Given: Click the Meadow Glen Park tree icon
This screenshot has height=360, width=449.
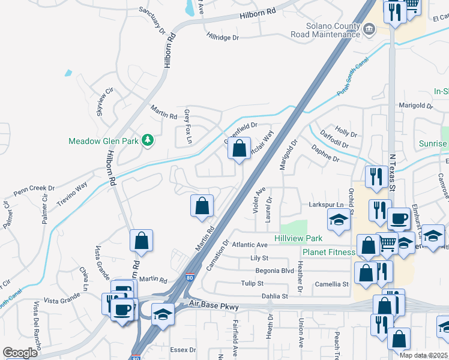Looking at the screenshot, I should [x=147, y=141].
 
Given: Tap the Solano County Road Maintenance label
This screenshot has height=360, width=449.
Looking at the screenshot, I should [x=324, y=31].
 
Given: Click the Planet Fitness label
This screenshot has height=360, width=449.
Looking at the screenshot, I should [x=328, y=252].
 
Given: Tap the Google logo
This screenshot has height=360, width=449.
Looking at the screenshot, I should [x=20, y=352].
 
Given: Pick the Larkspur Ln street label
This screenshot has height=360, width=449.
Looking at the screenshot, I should [x=325, y=205].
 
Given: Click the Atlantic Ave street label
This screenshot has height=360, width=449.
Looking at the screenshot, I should [x=250, y=245].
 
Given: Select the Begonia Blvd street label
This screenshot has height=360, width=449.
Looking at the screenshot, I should [x=274, y=271].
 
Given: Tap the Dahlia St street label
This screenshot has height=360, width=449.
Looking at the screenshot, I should [x=275, y=296].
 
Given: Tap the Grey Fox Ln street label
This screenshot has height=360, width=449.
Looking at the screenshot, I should [x=187, y=127].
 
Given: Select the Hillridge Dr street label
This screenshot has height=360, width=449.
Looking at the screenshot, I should [x=223, y=37].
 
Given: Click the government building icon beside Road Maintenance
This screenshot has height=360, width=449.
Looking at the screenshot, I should [x=370, y=29].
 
